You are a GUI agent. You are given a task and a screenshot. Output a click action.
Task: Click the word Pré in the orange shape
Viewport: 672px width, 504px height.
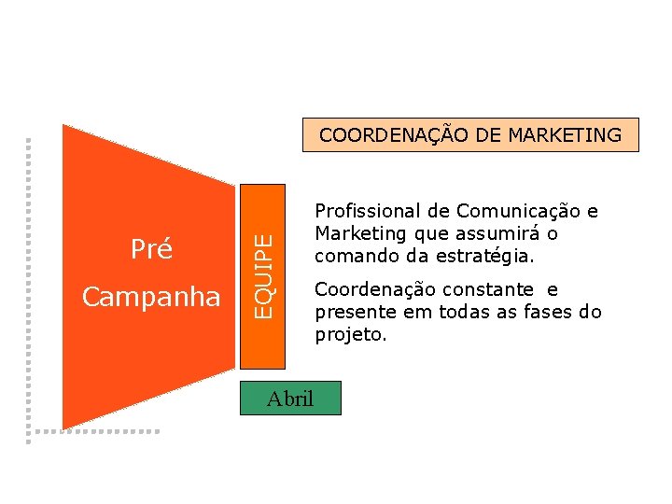tap(151, 249)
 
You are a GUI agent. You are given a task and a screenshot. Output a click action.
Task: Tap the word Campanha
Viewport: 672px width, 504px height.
tap(151, 297)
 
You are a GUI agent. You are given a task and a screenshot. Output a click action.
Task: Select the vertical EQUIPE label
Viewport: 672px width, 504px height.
tap(266, 276)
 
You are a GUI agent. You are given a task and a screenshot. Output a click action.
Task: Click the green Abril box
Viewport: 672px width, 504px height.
tap(289, 399)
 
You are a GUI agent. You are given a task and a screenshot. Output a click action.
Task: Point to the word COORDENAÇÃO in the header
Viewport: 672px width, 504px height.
tap(392, 135)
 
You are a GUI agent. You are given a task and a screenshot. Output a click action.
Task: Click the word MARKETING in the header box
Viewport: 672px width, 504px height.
tap(565, 135)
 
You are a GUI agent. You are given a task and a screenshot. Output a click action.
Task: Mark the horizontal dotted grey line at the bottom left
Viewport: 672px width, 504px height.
tap(93, 431)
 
